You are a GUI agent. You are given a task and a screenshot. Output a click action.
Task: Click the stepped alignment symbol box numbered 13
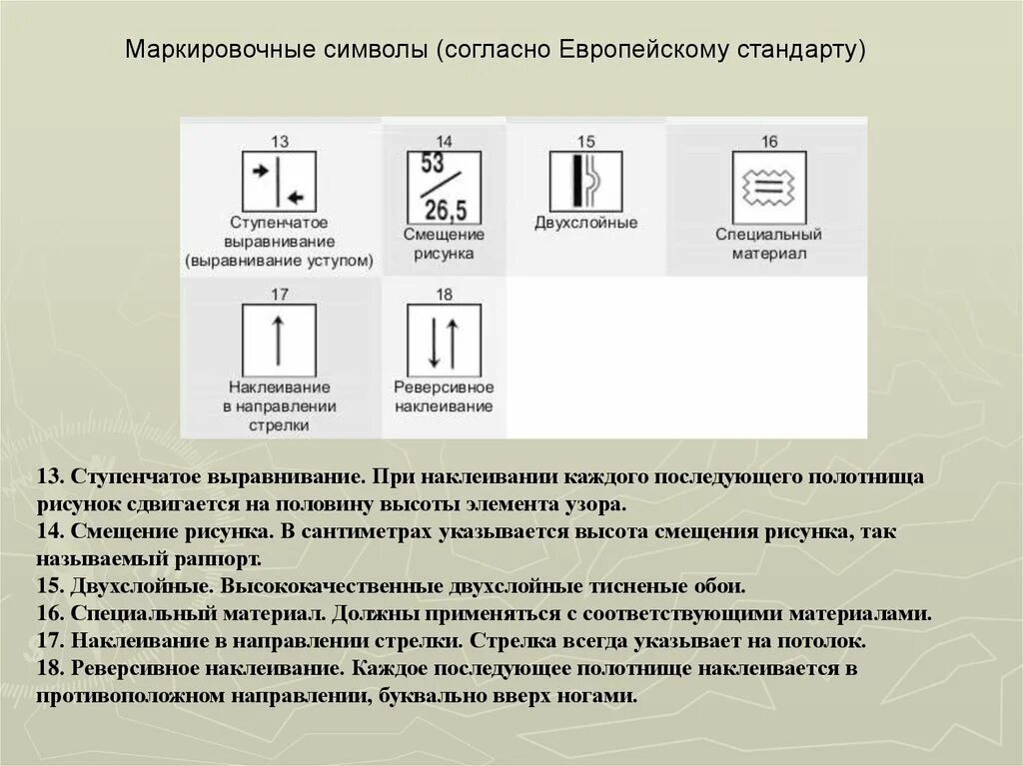pos(279,182)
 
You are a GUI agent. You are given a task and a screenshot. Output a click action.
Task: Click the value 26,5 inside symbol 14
pos(446,211)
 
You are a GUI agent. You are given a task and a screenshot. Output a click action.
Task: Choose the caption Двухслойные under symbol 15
pos(585,223)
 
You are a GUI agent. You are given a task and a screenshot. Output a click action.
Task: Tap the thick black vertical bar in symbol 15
pos(576,181)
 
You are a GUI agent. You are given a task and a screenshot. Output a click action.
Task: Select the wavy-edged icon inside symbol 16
pos(768,186)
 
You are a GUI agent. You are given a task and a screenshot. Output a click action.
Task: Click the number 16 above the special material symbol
pos(768,141)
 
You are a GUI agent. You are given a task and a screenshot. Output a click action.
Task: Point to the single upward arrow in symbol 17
pos(279,339)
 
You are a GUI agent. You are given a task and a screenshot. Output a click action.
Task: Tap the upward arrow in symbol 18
pos(453,341)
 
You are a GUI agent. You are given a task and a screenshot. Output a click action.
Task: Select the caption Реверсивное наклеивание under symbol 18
pos(444,396)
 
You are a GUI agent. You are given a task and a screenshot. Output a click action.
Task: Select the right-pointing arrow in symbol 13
pos(262,171)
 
